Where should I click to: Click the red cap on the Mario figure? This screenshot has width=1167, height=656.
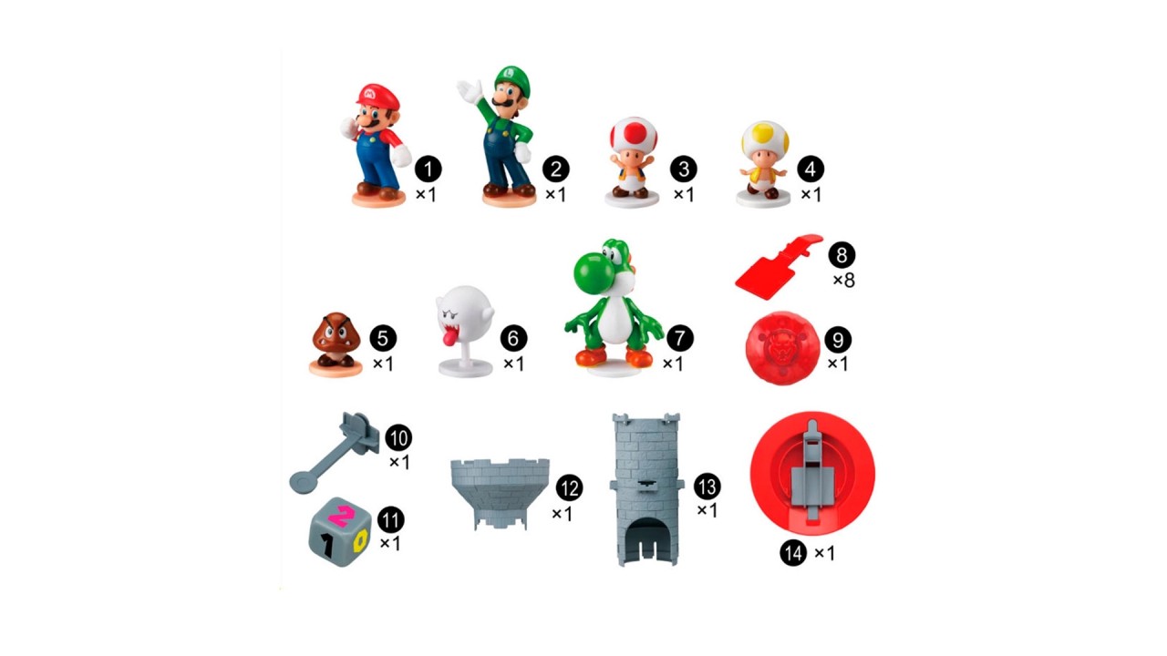378,96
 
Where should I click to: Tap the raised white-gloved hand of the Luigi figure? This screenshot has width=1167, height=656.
469,90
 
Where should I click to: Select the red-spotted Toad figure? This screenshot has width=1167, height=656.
633,162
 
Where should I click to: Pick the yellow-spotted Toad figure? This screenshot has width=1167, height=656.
764,164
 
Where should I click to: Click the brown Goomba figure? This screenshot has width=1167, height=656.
336,344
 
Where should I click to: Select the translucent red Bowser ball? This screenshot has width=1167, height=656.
781,348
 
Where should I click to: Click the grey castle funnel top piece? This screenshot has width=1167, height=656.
500,493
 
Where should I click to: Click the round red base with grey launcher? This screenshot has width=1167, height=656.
812,473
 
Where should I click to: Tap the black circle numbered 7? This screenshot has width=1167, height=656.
680,338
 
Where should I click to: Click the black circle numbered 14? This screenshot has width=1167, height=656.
793,552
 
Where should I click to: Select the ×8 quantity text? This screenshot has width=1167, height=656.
843,281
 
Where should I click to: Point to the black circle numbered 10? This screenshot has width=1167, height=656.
398,438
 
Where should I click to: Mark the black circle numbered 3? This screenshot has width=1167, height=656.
684,169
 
